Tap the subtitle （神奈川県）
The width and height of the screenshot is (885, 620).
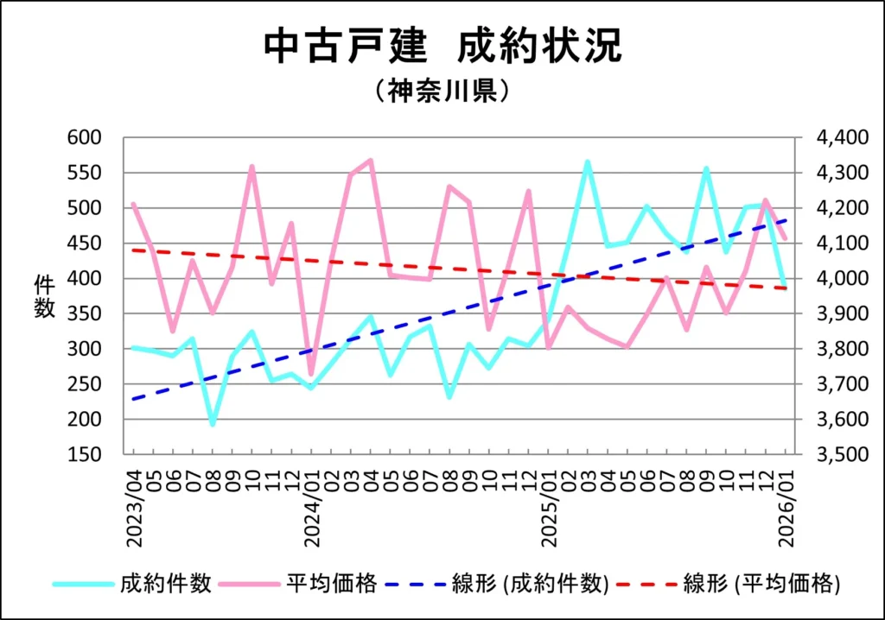pos(442,91)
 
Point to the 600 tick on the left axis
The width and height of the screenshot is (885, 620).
pos(84,138)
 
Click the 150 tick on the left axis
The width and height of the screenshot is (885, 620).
pos(84,455)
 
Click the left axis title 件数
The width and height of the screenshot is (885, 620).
pos(45,296)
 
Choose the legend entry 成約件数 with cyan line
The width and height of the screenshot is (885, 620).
pos(165,584)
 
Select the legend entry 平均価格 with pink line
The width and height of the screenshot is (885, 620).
pos(331,584)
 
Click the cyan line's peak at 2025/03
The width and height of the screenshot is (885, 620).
pos(587,162)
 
